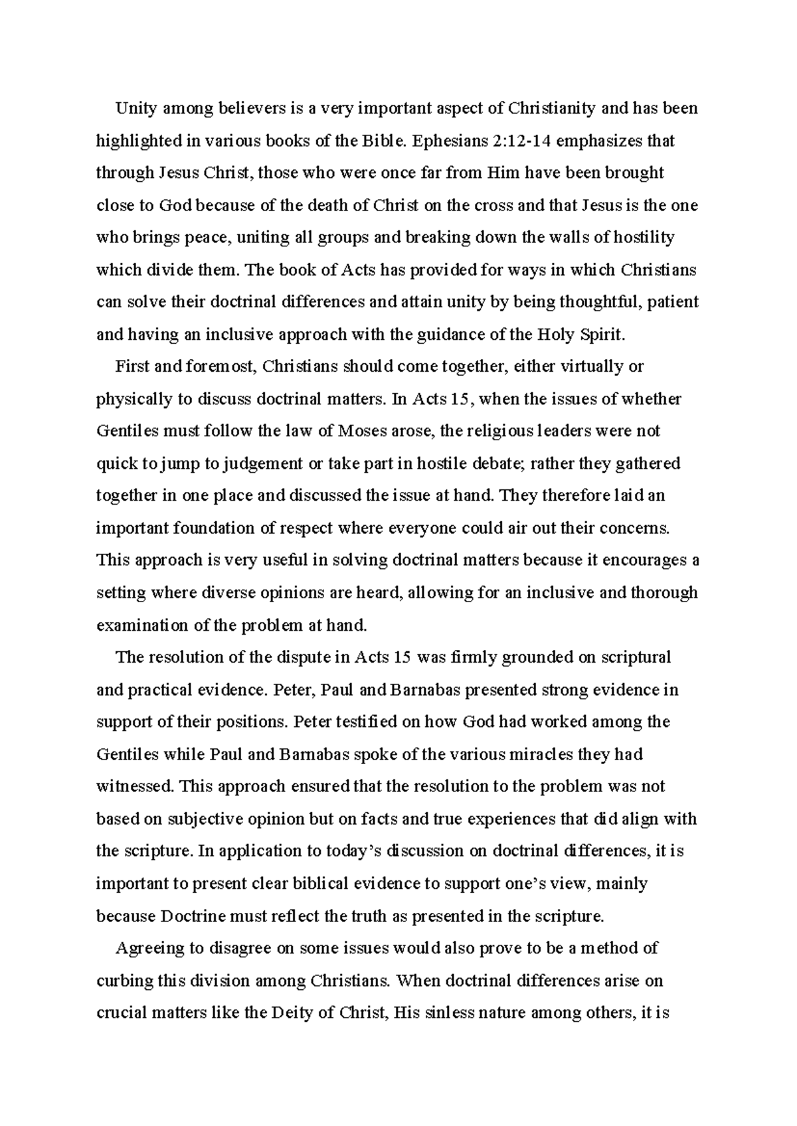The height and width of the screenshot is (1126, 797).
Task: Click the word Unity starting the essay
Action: [x=135, y=108]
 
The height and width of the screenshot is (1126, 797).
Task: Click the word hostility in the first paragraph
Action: [x=643, y=238]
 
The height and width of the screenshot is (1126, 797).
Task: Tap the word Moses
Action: [x=367, y=431]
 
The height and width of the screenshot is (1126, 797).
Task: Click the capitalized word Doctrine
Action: [x=193, y=917]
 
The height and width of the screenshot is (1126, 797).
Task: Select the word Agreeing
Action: [x=149, y=948]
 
